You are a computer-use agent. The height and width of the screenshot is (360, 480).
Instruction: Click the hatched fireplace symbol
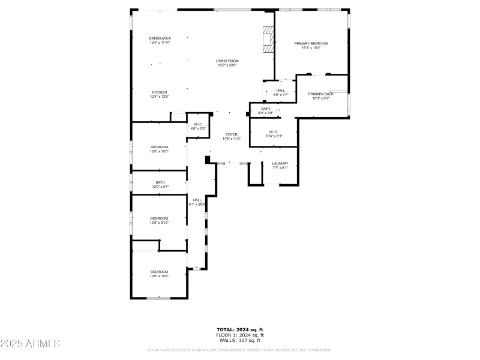click(268, 40)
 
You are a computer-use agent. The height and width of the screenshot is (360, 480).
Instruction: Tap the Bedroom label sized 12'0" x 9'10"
click(159, 220)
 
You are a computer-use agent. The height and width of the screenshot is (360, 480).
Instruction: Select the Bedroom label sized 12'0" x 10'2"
click(159, 274)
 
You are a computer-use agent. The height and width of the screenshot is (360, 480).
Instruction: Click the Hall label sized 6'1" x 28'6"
click(197, 202)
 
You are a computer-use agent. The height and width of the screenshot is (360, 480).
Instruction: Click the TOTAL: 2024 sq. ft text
click(239, 329)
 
